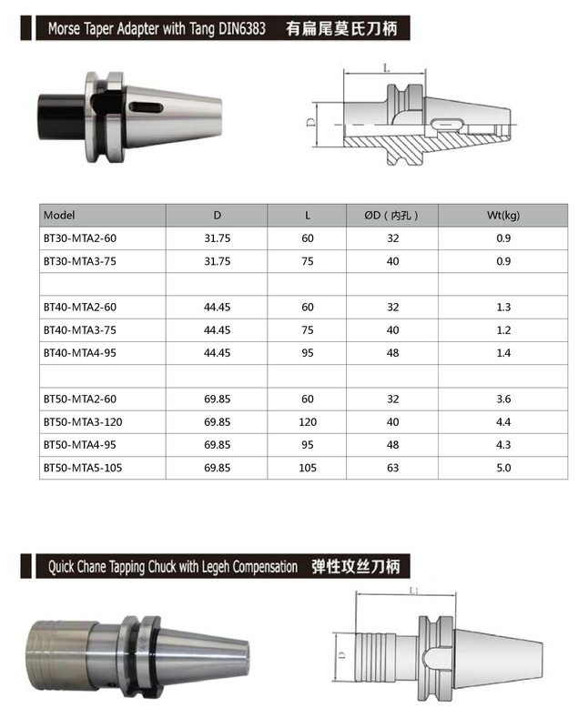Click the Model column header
pos(58,216)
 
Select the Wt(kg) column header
pos(502,216)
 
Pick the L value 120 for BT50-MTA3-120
pos(307,421)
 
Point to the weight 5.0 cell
pos(502,467)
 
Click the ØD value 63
pos(392,467)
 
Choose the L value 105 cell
pos(307,467)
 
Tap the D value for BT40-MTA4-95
pos(217,352)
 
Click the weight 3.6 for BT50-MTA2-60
pos(502,399)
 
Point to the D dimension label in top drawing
pos(310,121)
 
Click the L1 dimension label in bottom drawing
pos(414,591)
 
